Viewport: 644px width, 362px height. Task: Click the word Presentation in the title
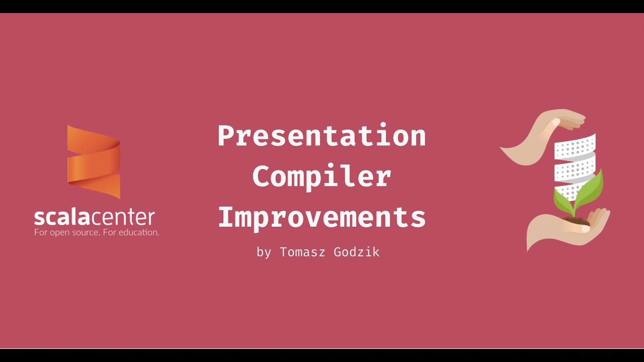tap(321, 136)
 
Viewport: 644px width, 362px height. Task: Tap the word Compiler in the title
tap(321, 176)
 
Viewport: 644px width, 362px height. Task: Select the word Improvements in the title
tap(321, 217)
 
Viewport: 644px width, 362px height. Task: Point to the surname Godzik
tap(356, 252)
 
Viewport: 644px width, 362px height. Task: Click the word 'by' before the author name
tap(264, 252)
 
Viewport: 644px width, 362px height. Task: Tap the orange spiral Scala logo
tap(94, 162)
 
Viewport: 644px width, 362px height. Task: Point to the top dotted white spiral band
tap(575, 147)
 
